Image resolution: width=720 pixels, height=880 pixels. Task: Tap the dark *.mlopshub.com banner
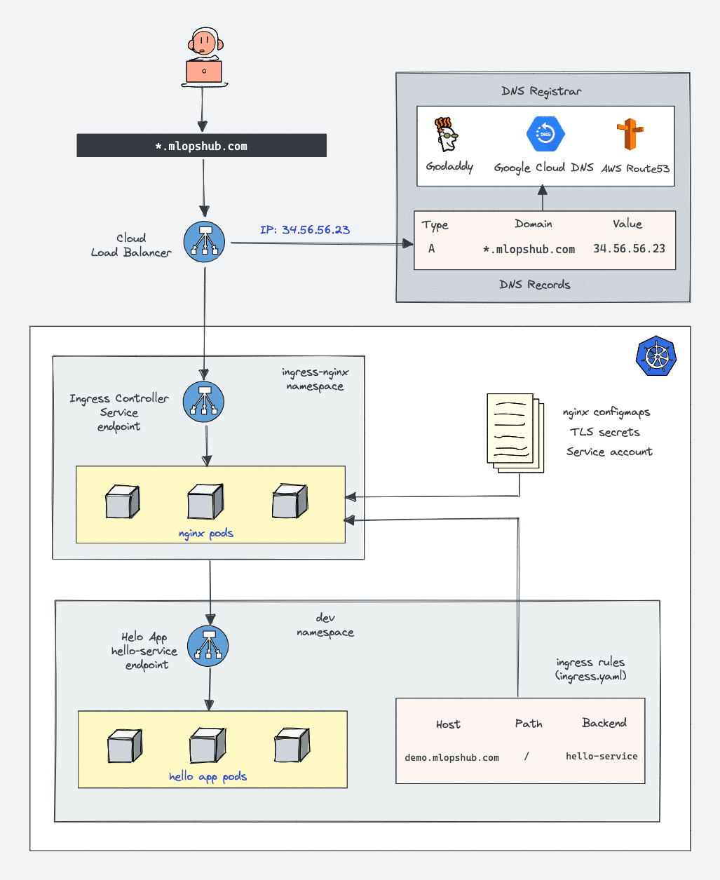click(201, 146)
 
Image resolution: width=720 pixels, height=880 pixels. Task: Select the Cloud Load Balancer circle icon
click(205, 242)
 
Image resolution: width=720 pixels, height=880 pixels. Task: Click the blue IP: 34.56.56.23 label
click(305, 230)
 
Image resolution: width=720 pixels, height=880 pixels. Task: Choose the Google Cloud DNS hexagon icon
click(545, 134)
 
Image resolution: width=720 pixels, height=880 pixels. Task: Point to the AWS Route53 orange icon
click(630, 135)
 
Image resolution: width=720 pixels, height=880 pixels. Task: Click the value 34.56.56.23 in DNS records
click(629, 248)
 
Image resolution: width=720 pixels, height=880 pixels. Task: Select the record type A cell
click(432, 248)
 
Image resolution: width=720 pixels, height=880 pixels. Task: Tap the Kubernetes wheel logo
click(656, 356)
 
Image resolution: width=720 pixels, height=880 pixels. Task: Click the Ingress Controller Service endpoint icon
click(203, 402)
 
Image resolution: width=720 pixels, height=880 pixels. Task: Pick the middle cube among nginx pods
click(205, 501)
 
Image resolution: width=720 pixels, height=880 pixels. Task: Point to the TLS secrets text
click(604, 432)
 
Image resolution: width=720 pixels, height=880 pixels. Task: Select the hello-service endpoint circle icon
click(208, 646)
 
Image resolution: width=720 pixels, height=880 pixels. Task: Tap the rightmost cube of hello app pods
click(291, 745)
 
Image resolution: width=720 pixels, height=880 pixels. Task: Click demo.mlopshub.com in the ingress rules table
click(451, 757)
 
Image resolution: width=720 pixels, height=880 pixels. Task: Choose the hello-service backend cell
click(602, 756)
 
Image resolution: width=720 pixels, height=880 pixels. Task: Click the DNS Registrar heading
click(541, 91)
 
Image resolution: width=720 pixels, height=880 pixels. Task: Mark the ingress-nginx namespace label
click(315, 379)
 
